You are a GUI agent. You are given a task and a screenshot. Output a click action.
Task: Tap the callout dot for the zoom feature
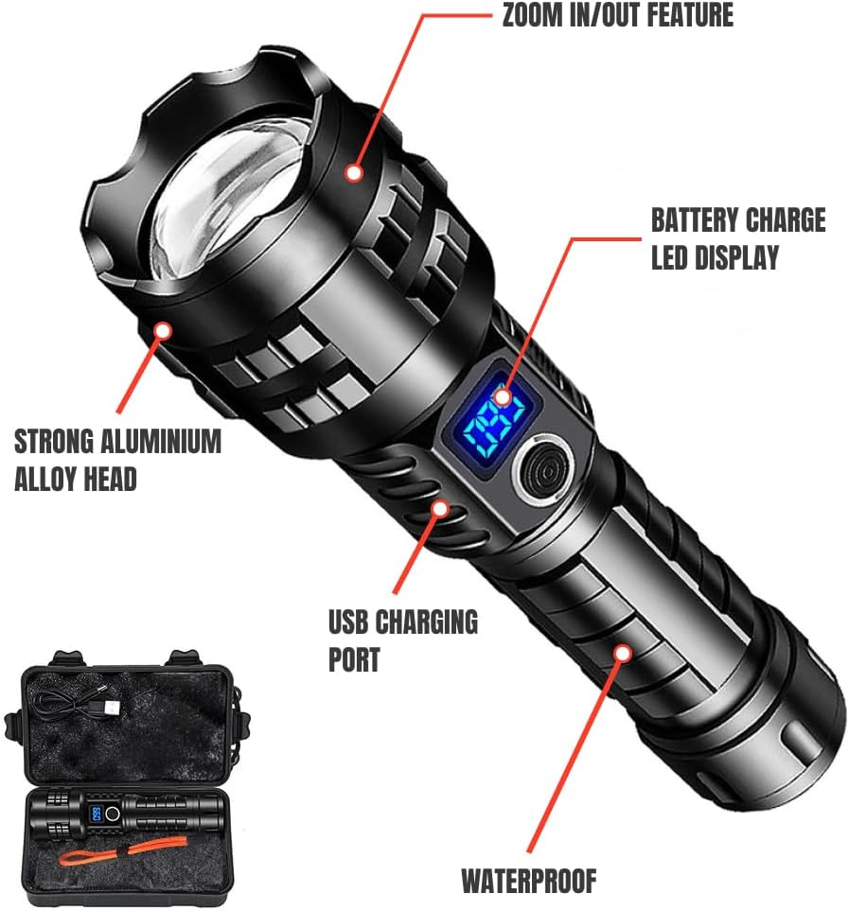[354, 173]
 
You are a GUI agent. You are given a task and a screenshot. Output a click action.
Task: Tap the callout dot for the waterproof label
[622, 653]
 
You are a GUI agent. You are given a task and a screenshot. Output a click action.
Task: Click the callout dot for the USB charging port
[439, 509]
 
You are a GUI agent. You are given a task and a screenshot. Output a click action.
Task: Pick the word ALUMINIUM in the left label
[163, 442]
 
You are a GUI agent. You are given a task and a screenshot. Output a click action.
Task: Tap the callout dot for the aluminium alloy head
[163, 330]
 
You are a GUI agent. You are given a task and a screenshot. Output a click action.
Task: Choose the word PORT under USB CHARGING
[355, 659]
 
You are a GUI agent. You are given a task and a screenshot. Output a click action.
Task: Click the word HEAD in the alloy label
[112, 479]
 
